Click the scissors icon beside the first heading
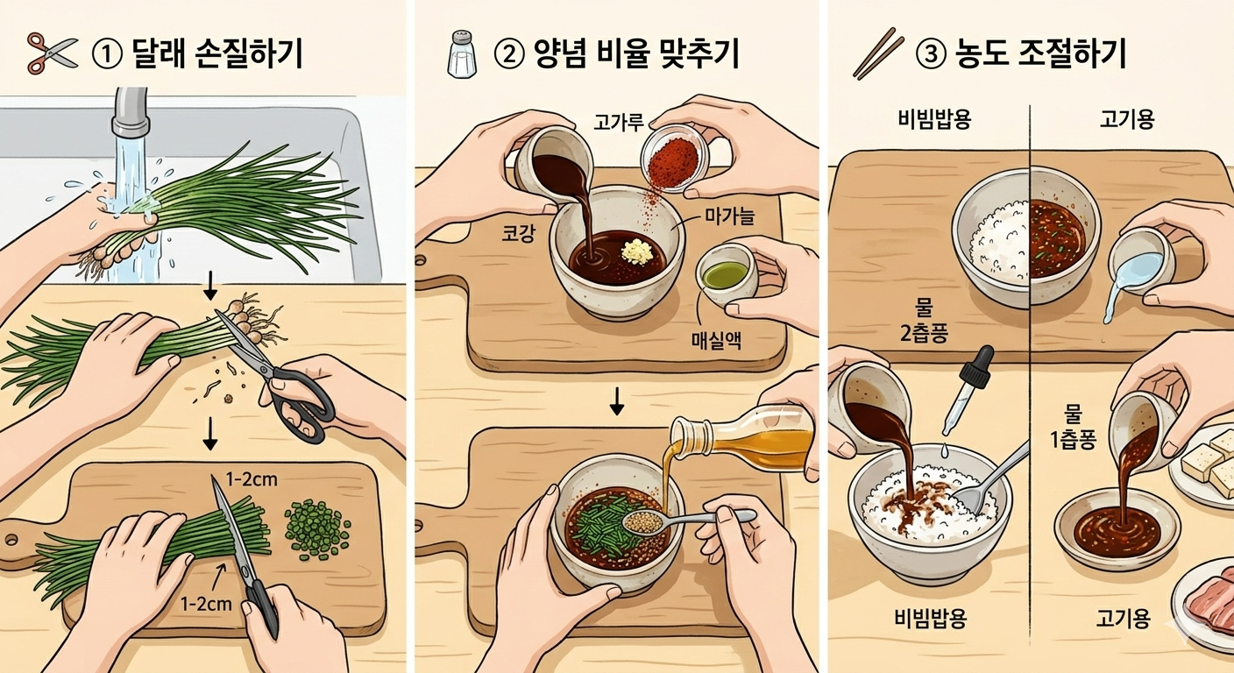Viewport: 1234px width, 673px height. pyautogui.click(x=53, y=53)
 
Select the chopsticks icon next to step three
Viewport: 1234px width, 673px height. pyautogui.click(x=878, y=53)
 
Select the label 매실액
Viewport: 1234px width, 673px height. pyautogui.click(x=716, y=340)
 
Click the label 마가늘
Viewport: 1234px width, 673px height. pyautogui.click(x=729, y=217)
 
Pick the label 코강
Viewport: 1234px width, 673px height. pyautogui.click(x=518, y=234)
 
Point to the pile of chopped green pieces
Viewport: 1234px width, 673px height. pyautogui.click(x=317, y=528)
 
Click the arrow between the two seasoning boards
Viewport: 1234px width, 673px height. pyautogui.click(x=616, y=400)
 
